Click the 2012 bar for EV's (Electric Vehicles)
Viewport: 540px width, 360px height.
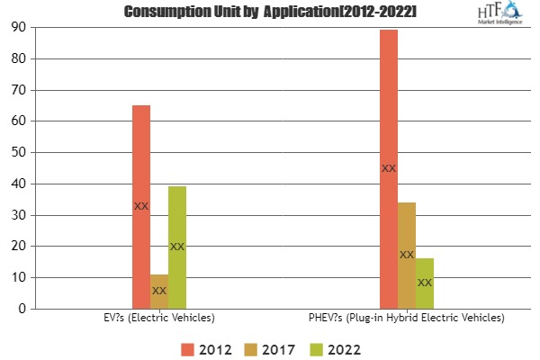pyautogui.click(x=141, y=207)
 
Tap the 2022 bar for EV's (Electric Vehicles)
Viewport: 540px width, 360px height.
pyautogui.click(x=177, y=247)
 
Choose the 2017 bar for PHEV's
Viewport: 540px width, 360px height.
pyautogui.click(x=407, y=256)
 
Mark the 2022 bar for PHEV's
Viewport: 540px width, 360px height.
pyautogui.click(x=425, y=283)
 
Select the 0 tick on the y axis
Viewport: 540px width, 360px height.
pyautogui.click(x=20, y=309)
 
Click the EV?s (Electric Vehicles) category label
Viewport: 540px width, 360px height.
pyautogui.click(x=159, y=318)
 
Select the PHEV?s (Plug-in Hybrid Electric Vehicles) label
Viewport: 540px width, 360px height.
pyautogui.click(x=407, y=318)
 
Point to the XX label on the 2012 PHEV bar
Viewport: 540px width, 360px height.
pyautogui.click(x=389, y=168)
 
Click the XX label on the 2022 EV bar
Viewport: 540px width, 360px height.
pyautogui.click(x=177, y=247)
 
